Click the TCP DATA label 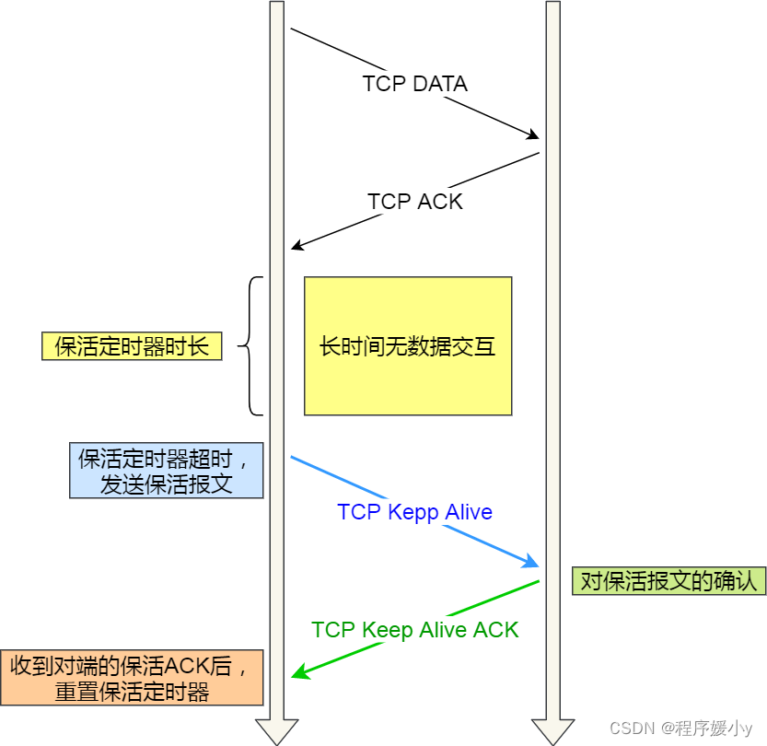tap(414, 84)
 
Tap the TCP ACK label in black tap(414, 202)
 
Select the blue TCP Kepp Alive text tap(414, 512)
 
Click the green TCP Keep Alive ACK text tap(414, 630)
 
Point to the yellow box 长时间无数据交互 tap(408, 346)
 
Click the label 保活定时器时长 tap(132, 346)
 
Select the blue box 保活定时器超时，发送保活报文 tap(166, 471)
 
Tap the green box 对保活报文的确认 tap(668, 581)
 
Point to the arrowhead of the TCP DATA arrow tap(532, 135)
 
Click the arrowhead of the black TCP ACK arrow tap(296, 245)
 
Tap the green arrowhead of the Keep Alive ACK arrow tap(298, 674)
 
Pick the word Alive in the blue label tap(469, 512)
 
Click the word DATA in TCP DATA tap(440, 84)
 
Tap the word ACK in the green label tap(496, 630)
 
